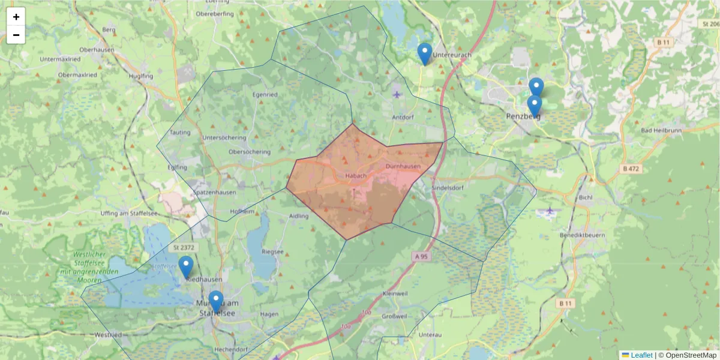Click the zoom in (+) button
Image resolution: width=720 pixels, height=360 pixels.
click(x=16, y=17)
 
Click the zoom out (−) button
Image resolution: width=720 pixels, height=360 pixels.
click(x=16, y=35)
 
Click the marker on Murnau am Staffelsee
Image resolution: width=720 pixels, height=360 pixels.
click(x=216, y=301)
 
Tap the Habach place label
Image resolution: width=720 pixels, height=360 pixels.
click(x=356, y=176)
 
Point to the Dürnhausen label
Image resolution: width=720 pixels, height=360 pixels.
click(x=403, y=166)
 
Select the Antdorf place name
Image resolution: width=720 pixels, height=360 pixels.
click(x=403, y=117)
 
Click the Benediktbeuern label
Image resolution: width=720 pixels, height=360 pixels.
click(x=582, y=235)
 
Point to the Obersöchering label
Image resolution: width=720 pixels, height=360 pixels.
click(x=250, y=152)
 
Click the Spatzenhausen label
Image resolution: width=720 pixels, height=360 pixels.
click(x=215, y=193)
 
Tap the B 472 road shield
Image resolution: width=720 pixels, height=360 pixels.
click(x=632, y=169)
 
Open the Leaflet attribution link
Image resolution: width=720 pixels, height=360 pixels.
click(x=641, y=355)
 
